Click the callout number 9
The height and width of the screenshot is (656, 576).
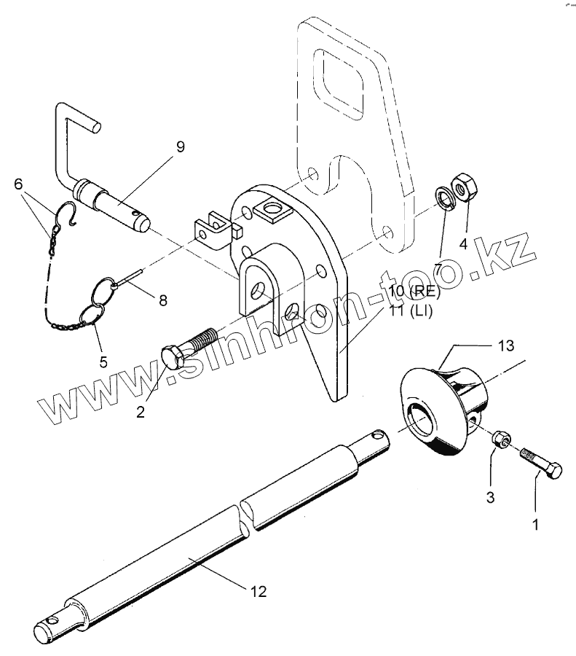tap(180, 147)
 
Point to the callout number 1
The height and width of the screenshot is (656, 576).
tap(536, 524)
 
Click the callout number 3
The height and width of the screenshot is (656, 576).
tap(491, 499)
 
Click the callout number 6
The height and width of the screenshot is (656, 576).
tap(18, 184)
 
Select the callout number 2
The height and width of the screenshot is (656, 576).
tap(140, 412)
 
